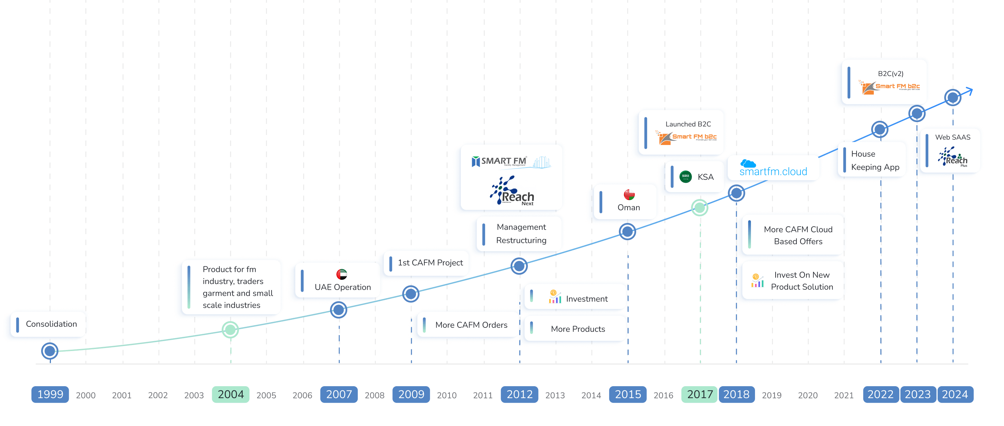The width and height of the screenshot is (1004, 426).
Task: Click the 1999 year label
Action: pyautogui.click(x=50, y=394)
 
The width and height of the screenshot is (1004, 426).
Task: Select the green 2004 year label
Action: pyautogui.click(x=230, y=394)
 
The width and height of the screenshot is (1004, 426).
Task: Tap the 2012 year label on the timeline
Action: pyautogui.click(x=519, y=394)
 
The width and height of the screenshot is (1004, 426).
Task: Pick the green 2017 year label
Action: pyautogui.click(x=700, y=394)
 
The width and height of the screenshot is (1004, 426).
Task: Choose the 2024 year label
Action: pyautogui.click(x=955, y=394)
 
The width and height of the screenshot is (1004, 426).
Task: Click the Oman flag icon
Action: pyautogui.click(x=629, y=194)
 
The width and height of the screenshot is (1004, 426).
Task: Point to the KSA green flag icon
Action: pyautogui.click(x=685, y=177)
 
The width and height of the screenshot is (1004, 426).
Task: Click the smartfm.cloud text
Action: pyautogui.click(x=773, y=171)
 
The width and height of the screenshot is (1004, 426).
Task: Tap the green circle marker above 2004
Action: pyautogui.click(x=230, y=329)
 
